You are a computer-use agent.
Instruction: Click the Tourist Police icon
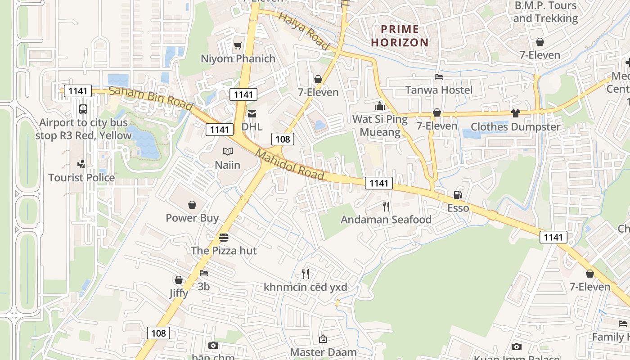coord(81,164)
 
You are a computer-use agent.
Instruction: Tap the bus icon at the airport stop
coord(83,109)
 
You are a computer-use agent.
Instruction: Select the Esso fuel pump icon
coord(458,195)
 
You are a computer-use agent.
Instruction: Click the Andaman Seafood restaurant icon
coord(386,206)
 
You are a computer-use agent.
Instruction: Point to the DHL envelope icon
coord(252,114)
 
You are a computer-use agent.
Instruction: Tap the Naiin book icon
coord(228,152)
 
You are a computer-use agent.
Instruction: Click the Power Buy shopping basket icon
coord(192,205)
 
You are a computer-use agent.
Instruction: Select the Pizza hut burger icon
coord(224,237)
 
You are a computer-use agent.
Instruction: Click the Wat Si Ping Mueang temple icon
coord(380,106)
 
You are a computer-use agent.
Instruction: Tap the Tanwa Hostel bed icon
coord(438,77)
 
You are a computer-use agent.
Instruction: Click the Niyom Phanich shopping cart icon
coord(238,45)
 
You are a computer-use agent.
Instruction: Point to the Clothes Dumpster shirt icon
coord(515,113)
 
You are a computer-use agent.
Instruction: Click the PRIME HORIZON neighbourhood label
coord(400,36)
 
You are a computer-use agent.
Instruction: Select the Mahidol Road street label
coord(290,164)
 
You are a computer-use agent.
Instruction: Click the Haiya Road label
coord(304,31)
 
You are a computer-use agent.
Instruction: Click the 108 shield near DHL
coord(283,139)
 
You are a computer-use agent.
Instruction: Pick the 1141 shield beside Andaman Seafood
coord(378,183)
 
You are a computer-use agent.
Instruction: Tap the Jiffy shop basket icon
coord(179,280)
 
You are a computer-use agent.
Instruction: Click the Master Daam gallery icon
coord(323,339)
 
